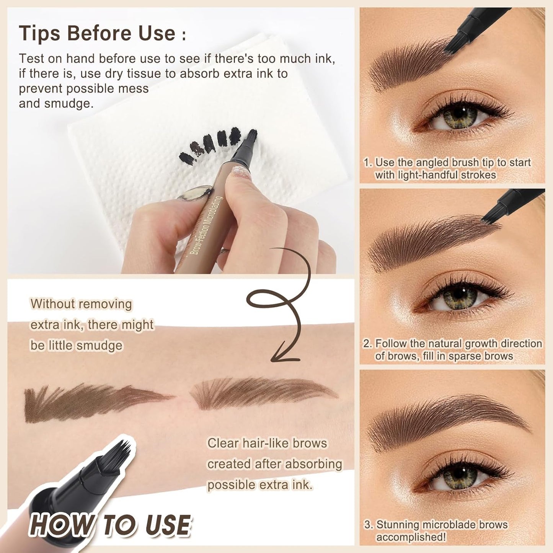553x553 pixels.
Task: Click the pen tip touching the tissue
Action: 251,136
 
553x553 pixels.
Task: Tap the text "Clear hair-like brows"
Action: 267,443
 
